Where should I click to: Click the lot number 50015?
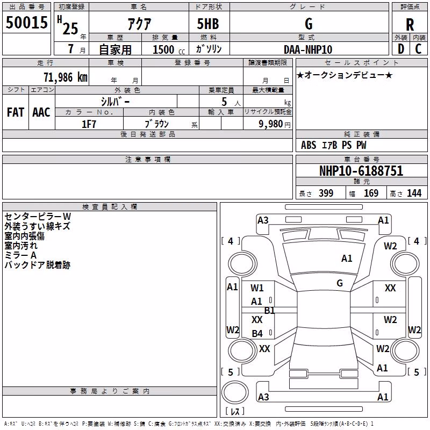coord(26,22)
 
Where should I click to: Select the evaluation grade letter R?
coord(410,25)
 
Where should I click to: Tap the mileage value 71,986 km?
coord(66,77)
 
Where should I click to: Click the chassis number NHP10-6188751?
coord(361,171)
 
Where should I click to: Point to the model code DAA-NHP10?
coord(308,49)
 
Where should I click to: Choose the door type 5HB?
coord(208,24)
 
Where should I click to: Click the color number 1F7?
coord(89,124)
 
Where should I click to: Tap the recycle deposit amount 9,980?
coord(270,124)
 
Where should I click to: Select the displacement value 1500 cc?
coord(169,49)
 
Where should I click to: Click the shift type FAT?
coord(16,112)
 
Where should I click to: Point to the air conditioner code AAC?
coord(41,112)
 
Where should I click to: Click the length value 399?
coord(326,193)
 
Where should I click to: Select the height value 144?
coord(414,193)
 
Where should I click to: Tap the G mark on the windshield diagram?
coord(340,283)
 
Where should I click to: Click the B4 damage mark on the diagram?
coord(257,333)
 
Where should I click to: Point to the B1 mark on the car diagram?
coord(269,311)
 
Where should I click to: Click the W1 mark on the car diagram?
coord(257,288)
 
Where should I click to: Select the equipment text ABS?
coord(309,145)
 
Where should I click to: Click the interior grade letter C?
coord(418,49)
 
